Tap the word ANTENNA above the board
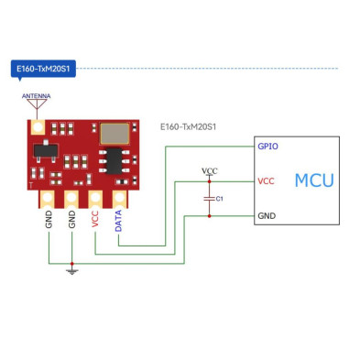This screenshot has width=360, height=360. click(x=36, y=95)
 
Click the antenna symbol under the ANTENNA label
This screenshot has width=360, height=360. click(x=36, y=105)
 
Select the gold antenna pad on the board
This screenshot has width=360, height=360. click(x=39, y=125)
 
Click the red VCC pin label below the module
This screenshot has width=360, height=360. click(x=95, y=221)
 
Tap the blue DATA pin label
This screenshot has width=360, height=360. click(x=119, y=224)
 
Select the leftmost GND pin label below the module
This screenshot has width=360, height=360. click(x=48, y=221)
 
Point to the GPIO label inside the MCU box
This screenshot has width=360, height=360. click(x=269, y=146)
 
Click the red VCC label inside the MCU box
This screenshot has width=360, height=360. click(x=267, y=180)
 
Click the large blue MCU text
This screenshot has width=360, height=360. click(x=313, y=180)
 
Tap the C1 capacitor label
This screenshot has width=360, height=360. click(x=221, y=199)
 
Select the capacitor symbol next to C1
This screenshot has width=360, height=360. click(x=210, y=198)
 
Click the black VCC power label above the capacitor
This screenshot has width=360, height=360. click(x=210, y=171)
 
